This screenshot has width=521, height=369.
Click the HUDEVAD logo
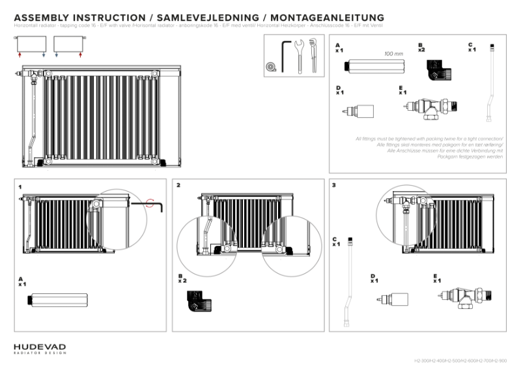(x=40, y=348)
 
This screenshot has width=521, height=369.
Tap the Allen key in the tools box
(x=285, y=55)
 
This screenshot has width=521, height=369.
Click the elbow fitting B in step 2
(x=196, y=301)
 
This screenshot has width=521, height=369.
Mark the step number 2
(x=178, y=186)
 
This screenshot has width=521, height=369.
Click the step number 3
(x=334, y=186)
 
